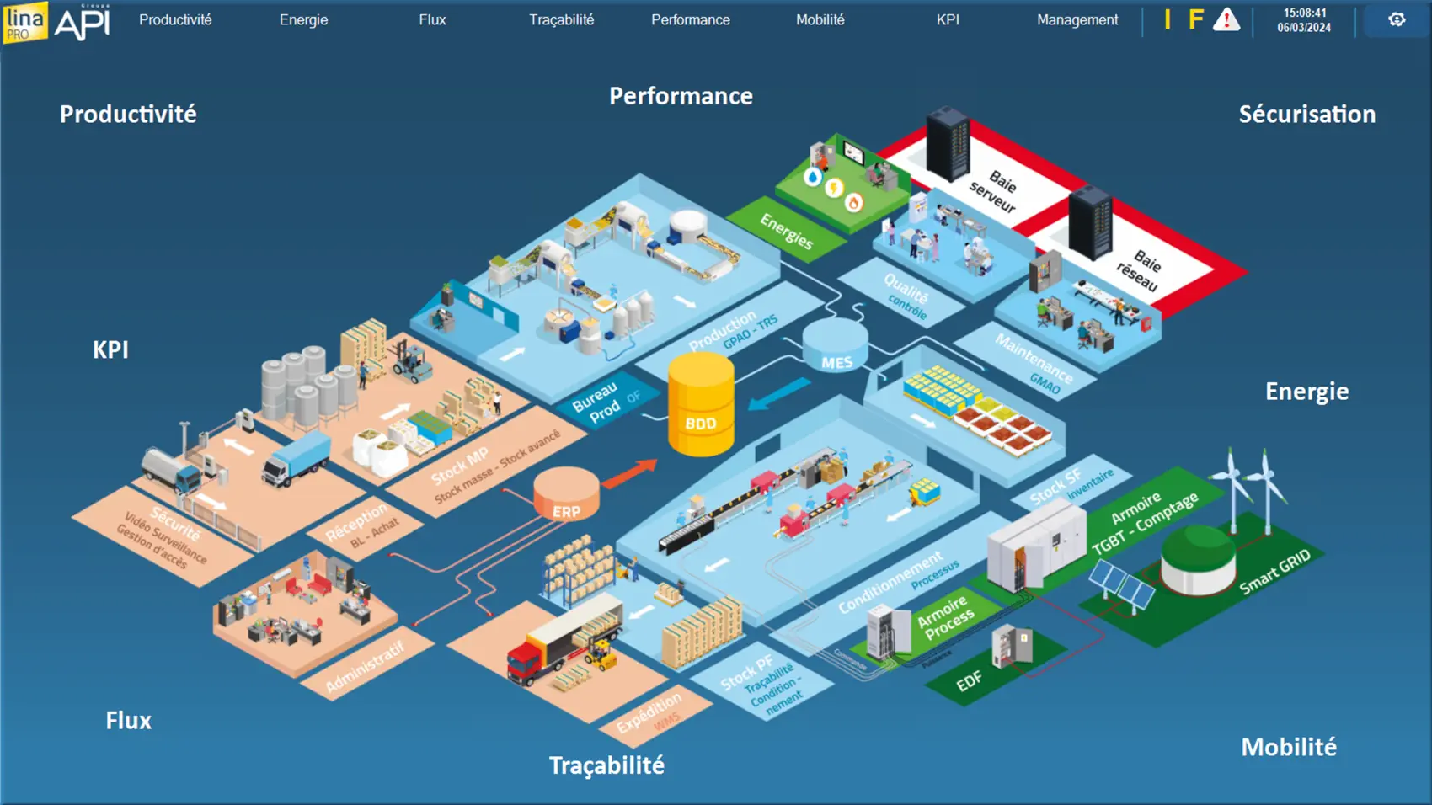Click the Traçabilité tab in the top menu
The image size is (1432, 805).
pos(561,19)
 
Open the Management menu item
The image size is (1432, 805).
pos(1077,19)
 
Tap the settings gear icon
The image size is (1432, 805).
pos(1396,19)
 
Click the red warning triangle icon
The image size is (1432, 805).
pos(1226,19)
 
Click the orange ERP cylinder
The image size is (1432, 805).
pos(566,494)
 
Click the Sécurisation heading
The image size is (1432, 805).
pos(1306,115)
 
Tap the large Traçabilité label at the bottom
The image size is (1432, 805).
pos(606,765)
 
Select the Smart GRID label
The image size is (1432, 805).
pos(1274,571)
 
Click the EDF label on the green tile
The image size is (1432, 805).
pos(969,680)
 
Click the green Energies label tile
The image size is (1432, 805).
pos(786,231)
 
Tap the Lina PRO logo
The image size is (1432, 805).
pos(24,22)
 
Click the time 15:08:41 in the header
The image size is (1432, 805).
pos(1304,13)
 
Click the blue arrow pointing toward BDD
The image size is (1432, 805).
pos(778,393)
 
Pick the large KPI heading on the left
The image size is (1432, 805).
pos(110,349)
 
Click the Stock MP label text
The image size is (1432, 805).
pos(459,466)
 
